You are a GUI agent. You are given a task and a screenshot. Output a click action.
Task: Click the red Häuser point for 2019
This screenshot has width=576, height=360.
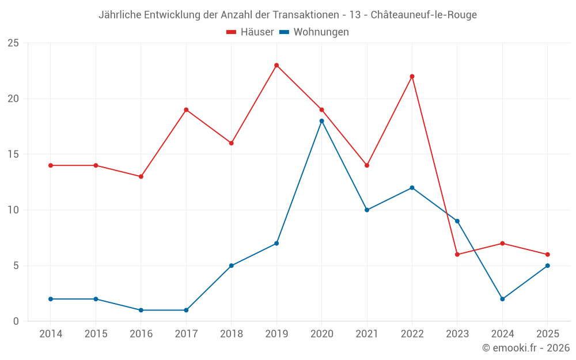pos(276,65)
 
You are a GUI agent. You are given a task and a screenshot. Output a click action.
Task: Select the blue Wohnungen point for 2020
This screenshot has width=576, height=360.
pos(321,121)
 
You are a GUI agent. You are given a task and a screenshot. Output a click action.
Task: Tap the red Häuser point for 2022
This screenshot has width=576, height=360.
pos(412,76)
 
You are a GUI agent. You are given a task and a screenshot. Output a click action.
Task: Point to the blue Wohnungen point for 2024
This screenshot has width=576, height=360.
pos(502,299)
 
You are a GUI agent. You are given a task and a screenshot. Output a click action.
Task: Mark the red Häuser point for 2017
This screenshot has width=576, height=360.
pos(186,109)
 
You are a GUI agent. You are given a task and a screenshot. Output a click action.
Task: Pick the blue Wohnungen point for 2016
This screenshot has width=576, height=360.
pos(141,310)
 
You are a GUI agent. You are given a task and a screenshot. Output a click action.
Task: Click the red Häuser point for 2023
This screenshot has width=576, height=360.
pos(457,255)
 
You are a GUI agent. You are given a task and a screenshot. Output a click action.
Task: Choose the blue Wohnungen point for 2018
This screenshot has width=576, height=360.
pos(231,266)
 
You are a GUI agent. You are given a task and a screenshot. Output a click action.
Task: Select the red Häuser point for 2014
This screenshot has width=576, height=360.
pos(51,165)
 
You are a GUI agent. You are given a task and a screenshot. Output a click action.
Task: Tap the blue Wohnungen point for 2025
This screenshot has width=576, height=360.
pos(547,266)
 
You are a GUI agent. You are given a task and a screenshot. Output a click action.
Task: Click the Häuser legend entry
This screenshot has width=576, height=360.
pos(250,32)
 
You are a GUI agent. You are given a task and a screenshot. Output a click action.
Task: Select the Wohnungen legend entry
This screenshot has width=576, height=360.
pos(314,32)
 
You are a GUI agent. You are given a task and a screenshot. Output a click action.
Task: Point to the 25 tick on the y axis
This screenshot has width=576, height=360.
pos(13,43)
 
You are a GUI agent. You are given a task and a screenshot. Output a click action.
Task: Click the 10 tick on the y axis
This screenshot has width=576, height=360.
pos(13,210)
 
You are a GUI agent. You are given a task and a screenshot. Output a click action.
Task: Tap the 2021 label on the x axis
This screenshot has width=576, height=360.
pos(367,334)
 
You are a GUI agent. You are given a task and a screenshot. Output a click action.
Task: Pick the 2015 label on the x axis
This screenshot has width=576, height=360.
pos(96,334)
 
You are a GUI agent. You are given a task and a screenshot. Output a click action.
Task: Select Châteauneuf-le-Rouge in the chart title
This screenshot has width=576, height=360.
pos(424,15)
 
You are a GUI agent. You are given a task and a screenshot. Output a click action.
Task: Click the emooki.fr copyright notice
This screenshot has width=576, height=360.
pos(526,348)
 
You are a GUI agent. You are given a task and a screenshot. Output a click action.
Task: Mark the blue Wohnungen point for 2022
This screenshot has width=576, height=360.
pos(412,188)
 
